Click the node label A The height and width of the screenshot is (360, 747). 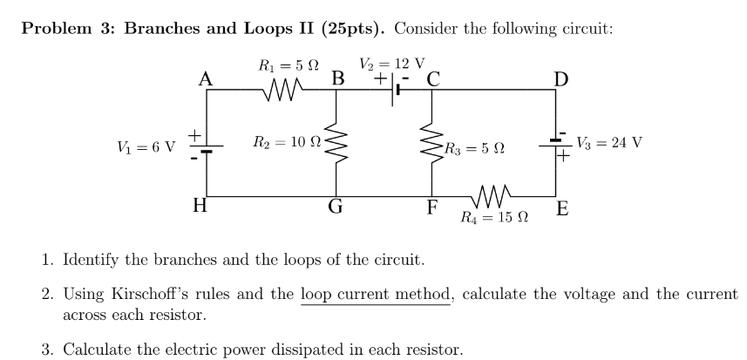click(x=206, y=78)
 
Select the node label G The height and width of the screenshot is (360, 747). click(x=336, y=207)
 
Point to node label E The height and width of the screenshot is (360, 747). click(x=563, y=208)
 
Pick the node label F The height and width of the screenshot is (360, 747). click(x=431, y=207)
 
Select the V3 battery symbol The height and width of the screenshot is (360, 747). click(x=555, y=145)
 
